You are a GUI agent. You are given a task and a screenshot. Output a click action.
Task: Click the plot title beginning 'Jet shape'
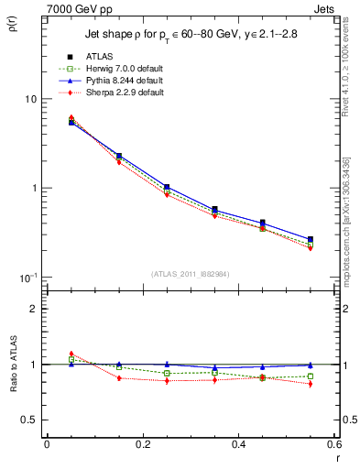tap(191, 36)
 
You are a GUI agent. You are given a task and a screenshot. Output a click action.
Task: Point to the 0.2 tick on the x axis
tap(142, 444)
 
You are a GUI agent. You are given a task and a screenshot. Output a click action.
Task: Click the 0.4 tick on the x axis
tap(238, 444)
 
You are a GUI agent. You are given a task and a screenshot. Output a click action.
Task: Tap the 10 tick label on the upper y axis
tap(29, 99)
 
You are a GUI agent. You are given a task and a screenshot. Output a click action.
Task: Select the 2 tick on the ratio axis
tap(34, 309)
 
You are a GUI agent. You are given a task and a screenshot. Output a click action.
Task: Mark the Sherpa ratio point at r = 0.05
tap(71, 354)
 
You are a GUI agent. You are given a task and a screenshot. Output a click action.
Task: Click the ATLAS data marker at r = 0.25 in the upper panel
tap(167, 187)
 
